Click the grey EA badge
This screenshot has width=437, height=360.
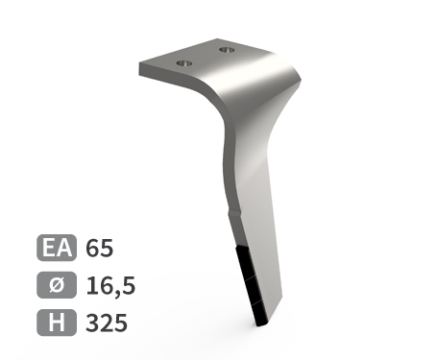(x=57, y=248)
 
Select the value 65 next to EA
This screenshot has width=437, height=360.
(x=100, y=248)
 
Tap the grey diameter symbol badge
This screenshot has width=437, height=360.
(x=57, y=285)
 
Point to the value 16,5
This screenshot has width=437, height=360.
(x=110, y=286)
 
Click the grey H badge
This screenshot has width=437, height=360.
(x=57, y=323)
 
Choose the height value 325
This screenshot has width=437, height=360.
(x=107, y=323)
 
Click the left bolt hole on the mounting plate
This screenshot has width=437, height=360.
(x=184, y=63)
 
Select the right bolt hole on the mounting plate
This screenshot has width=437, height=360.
(x=228, y=50)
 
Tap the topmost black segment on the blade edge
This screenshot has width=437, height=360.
(x=243, y=261)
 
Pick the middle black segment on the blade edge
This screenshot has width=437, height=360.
(x=252, y=289)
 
